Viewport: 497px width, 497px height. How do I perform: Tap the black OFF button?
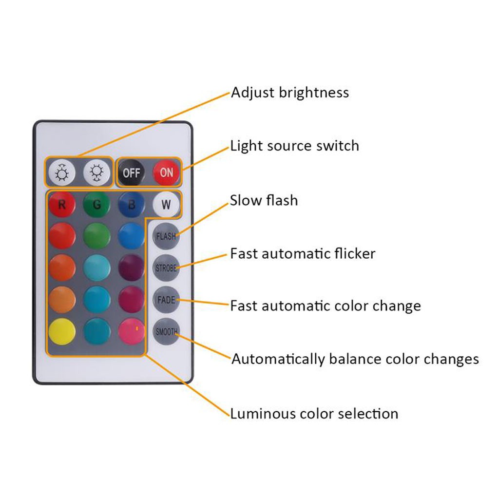click(x=131, y=172)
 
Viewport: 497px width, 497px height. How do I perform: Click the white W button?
click(x=166, y=205)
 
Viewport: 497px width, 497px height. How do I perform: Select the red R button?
click(x=62, y=205)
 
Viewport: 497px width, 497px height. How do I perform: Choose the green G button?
click(x=97, y=205)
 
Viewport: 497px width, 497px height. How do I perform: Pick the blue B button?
click(x=132, y=205)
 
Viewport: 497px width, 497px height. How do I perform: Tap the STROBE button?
click(x=166, y=268)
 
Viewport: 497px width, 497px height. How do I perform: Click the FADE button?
click(x=166, y=299)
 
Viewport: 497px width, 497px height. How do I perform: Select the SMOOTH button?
click(x=166, y=332)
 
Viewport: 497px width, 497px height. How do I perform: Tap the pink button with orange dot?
click(x=132, y=331)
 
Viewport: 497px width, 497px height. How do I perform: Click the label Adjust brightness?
click(x=290, y=93)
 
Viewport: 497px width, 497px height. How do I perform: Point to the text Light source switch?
click(x=294, y=146)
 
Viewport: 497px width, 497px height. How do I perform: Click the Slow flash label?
click(x=264, y=200)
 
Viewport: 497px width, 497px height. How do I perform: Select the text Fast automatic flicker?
click(x=303, y=253)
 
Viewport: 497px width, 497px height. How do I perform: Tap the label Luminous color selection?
click(x=314, y=414)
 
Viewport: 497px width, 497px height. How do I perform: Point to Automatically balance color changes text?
click(x=355, y=359)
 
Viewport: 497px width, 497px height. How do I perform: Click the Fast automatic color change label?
click(x=325, y=306)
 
